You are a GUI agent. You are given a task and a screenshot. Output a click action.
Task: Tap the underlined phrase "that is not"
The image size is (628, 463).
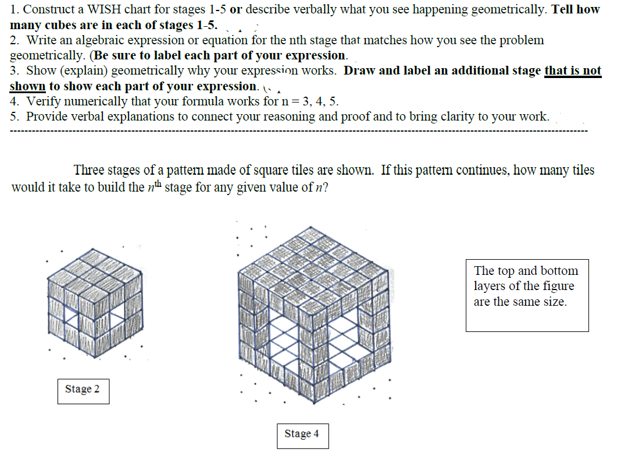pos(573,71)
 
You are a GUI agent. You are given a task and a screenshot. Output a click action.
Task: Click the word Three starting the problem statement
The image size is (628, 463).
pos(88,170)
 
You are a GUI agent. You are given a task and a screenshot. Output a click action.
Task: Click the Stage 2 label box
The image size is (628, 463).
pos(83,390)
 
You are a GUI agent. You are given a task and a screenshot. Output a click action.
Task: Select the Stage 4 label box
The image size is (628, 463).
pos(302,434)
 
